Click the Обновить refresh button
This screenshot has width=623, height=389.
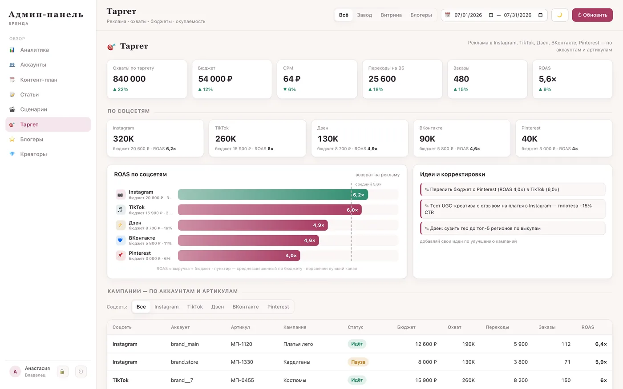click(592, 15)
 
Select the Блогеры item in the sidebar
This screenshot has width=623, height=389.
click(32, 139)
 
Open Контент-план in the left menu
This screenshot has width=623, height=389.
click(39, 80)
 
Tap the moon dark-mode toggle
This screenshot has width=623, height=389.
click(560, 15)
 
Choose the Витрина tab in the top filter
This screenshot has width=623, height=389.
click(391, 15)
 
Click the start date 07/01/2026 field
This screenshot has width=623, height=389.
click(468, 15)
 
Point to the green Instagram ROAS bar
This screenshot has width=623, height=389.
click(273, 195)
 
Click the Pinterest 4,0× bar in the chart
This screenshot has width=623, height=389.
click(239, 255)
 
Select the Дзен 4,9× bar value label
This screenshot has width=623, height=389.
click(319, 225)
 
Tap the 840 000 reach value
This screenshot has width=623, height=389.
click(129, 79)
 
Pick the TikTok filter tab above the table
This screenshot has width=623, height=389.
click(195, 307)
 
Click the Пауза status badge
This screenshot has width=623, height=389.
click(358, 362)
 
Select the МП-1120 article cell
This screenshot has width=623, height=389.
click(241, 344)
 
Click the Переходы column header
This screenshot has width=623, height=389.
click(498, 327)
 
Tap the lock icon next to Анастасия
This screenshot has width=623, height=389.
click(62, 372)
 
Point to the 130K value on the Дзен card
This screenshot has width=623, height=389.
click(328, 139)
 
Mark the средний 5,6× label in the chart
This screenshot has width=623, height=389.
click(368, 184)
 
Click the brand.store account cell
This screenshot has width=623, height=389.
click(184, 362)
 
